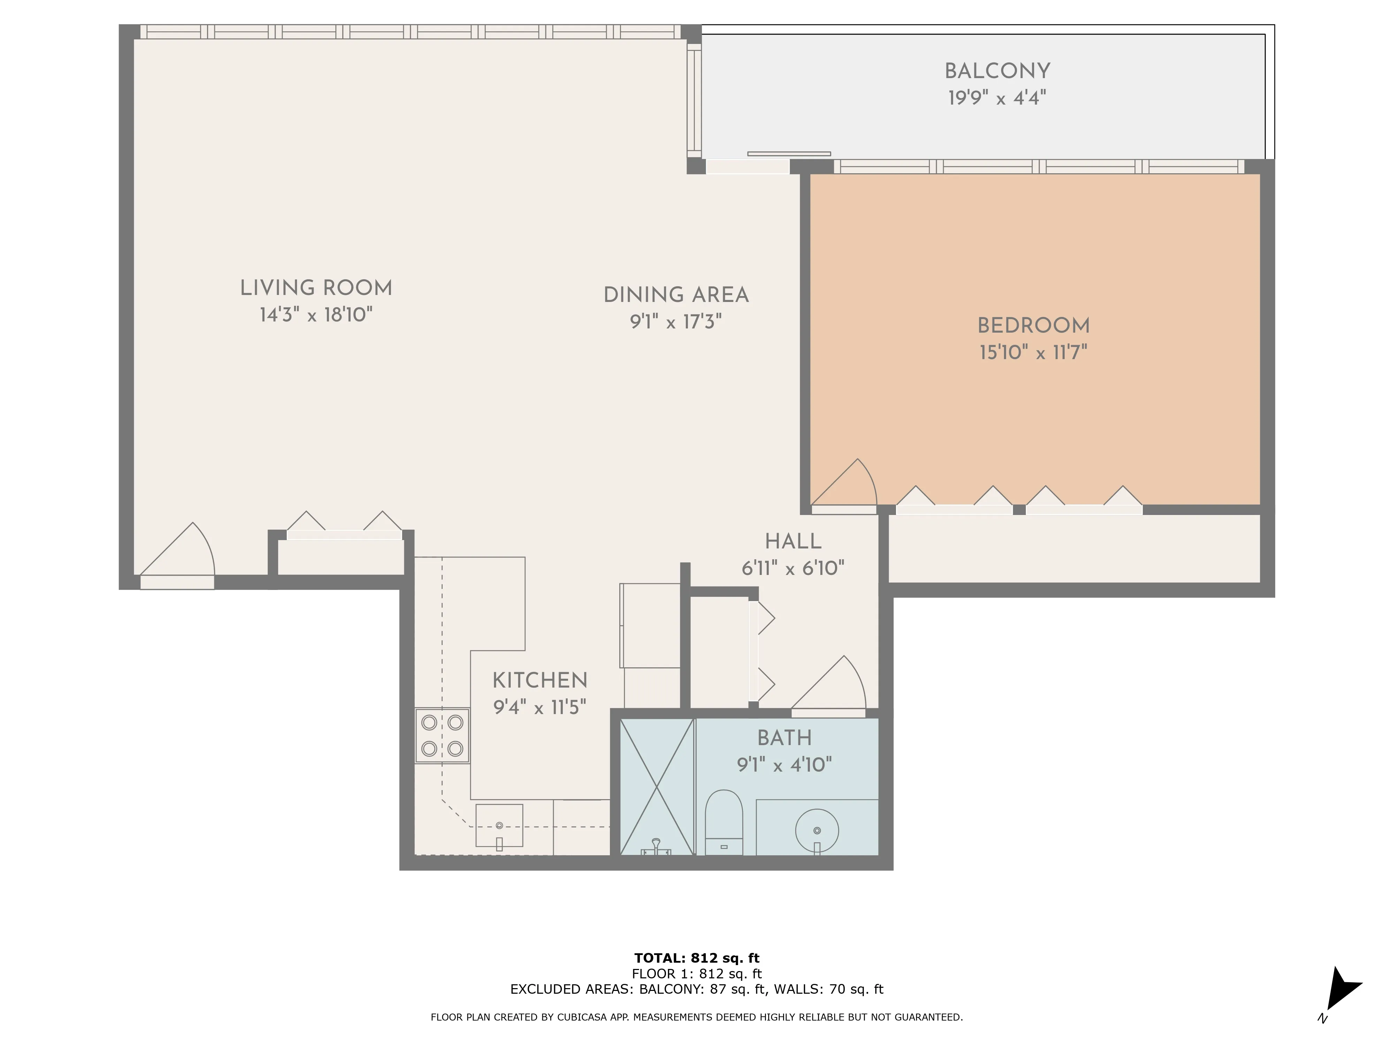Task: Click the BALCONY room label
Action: tap(997, 71)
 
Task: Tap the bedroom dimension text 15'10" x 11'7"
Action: tap(1033, 353)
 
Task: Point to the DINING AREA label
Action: tap(676, 295)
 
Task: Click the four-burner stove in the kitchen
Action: tap(442, 735)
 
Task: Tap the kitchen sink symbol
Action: tap(499, 826)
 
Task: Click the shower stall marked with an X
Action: tap(657, 787)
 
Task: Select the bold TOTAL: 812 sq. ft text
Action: tap(696, 958)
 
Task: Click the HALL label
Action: tap(793, 541)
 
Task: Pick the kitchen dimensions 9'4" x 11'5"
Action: tap(539, 707)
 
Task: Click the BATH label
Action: tap(784, 738)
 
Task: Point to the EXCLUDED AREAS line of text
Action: tap(696, 989)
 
